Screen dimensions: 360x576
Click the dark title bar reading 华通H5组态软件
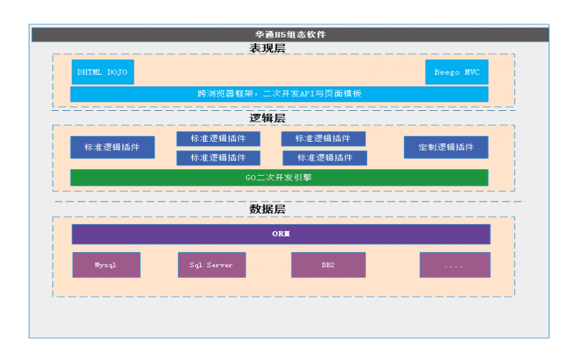[290, 35]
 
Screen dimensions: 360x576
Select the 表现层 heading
[267, 48]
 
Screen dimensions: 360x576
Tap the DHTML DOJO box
[102, 72]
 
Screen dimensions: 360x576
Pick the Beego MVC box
[456, 72]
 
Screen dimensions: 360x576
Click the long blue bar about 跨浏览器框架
[279, 94]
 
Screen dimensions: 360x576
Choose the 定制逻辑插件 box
[446, 147]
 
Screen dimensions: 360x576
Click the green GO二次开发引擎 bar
[279, 177]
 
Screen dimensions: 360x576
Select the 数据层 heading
[267, 210]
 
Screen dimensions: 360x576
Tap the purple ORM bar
[281, 234]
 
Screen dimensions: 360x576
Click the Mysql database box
[106, 265]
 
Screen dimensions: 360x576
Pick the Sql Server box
[212, 265]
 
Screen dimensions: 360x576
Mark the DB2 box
[328, 265]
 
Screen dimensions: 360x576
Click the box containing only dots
[454, 265]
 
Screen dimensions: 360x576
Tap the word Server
[219, 265]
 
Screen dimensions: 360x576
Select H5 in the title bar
[280, 35]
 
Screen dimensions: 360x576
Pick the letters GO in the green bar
[251, 177]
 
